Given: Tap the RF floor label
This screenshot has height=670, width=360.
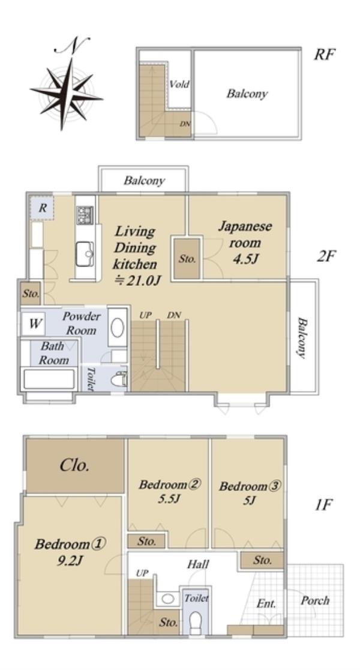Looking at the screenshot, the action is [325, 54].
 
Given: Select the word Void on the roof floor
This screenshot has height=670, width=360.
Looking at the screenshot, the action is [179, 84].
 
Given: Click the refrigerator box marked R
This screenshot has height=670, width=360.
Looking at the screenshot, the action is [42, 208].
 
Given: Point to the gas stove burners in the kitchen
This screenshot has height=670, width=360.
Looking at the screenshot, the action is [85, 215].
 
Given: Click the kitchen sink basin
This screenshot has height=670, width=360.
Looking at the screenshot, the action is [85, 254].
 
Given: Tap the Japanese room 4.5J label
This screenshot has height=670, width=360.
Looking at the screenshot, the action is [245, 243].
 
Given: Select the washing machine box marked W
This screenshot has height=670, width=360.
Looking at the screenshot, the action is [34, 324].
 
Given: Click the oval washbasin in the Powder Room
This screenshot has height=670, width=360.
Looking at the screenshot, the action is [118, 328].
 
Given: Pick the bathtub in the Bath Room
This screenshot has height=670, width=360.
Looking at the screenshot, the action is [49, 379].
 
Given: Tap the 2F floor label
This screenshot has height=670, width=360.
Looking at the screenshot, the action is [327, 256].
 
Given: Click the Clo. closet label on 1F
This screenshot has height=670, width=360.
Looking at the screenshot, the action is [75, 465].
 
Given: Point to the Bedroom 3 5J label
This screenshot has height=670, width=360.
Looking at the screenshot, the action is [249, 493].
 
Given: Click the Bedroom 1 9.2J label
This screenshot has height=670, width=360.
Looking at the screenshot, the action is [70, 552].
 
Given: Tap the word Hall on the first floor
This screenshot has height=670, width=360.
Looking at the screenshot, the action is [198, 564].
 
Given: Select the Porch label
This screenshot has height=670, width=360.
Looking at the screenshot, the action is [315, 600].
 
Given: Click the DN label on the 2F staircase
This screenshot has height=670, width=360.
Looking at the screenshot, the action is [174, 315].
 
